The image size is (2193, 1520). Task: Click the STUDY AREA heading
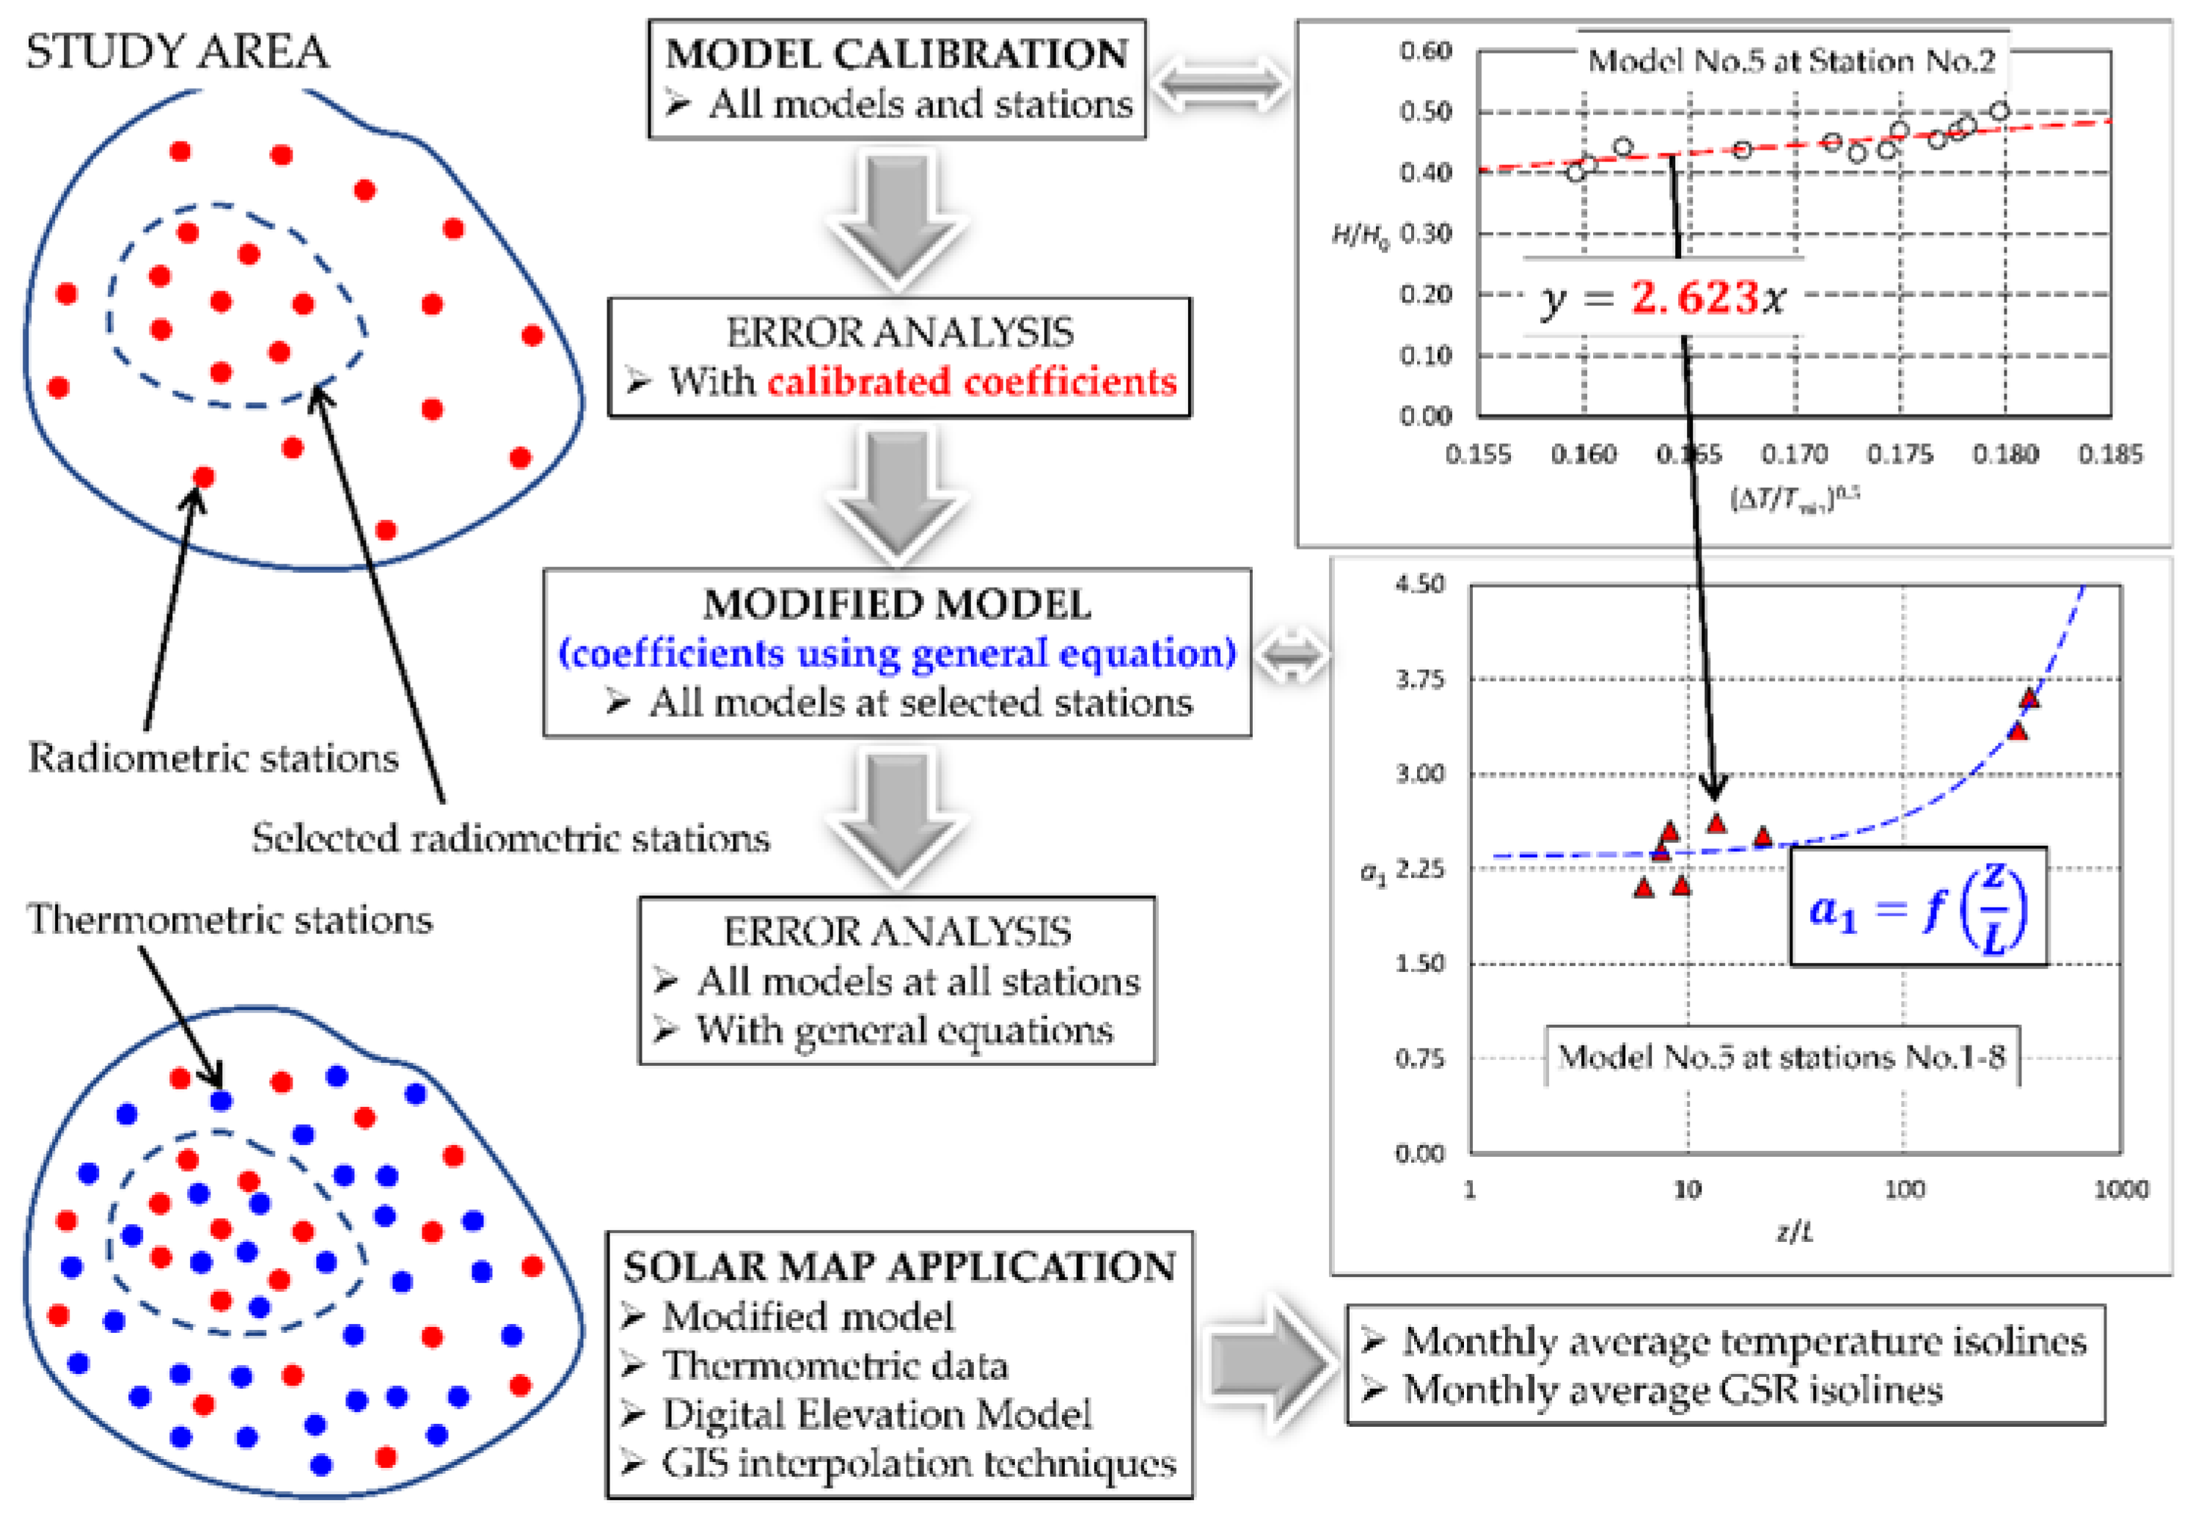pos(177,51)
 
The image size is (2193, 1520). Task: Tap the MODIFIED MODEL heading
pos(897,604)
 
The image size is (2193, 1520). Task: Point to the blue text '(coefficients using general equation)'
pos(897,654)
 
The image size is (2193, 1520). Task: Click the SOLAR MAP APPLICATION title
pos(899,1268)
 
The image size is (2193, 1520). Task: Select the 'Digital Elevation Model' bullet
pos(876,1415)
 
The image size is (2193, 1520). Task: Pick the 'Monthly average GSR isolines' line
pos(1672,1390)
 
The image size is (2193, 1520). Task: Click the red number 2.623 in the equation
pos(1694,298)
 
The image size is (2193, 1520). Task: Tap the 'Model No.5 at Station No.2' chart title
pos(1791,62)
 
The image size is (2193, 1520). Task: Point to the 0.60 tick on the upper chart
pos(1424,51)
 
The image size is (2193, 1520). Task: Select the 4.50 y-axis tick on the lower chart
pos(1420,584)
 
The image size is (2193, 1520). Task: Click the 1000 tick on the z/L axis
pos(2120,1190)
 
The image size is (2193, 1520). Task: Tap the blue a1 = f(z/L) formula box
pos(1918,907)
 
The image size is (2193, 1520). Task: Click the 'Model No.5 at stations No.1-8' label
pos(1782,1056)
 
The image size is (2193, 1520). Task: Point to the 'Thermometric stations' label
pos(230,920)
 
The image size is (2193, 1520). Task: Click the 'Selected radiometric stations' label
pos(510,838)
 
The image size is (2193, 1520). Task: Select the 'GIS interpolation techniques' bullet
pos(919,1464)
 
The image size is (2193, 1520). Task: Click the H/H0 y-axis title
pos(1360,235)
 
